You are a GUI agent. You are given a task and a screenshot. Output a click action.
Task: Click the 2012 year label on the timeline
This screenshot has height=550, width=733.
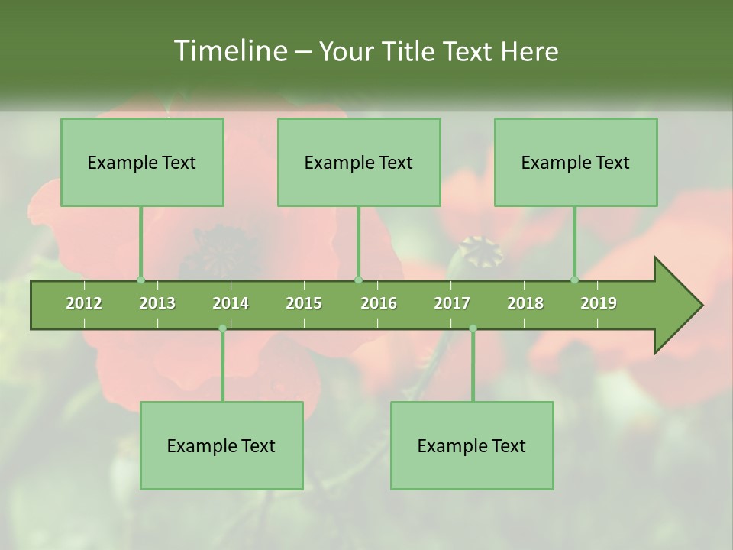coord(84,303)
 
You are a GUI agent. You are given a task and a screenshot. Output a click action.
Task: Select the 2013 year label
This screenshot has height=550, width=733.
coord(157,303)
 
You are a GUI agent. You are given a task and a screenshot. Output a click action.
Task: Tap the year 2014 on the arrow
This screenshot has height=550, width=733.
coord(231,303)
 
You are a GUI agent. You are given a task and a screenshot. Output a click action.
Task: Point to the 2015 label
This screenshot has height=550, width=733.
coord(304,303)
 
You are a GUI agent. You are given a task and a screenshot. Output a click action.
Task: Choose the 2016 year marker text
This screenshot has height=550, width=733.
coord(379,303)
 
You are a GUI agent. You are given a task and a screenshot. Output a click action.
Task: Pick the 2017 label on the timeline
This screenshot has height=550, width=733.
coord(452,303)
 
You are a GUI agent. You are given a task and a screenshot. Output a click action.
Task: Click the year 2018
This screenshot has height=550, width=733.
coord(525,303)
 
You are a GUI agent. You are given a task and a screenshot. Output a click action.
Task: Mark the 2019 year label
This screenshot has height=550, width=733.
coord(599,303)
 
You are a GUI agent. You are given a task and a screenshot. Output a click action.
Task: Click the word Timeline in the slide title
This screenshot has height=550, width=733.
coord(230,51)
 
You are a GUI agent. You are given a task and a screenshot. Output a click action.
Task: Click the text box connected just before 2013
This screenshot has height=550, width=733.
coord(142,162)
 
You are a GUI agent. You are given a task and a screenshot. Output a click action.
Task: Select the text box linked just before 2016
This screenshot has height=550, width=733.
coord(359,162)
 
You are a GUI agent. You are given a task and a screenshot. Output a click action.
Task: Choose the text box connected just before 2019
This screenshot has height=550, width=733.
coord(576,162)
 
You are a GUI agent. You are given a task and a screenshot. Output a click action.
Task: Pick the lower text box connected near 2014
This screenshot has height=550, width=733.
coord(221,445)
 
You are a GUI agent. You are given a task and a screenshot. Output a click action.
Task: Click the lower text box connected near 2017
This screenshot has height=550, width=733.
coord(472,445)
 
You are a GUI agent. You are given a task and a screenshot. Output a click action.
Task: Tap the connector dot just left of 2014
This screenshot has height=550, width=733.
coord(222,328)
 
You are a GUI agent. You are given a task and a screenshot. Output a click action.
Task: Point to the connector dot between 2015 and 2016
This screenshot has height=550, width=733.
coord(359,280)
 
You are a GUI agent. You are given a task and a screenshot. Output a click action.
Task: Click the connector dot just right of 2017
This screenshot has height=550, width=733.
coord(473,328)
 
